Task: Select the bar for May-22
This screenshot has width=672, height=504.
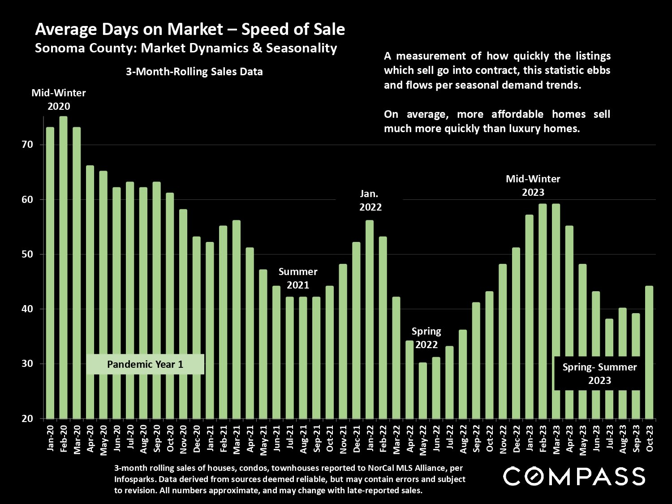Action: (422, 390)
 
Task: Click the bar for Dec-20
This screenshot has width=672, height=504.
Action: (196, 327)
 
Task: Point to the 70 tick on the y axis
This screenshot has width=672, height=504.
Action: (27, 145)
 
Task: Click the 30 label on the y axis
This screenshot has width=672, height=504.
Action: (27, 364)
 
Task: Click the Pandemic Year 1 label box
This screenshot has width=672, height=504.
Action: (145, 364)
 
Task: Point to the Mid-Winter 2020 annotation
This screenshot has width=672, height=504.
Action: (59, 99)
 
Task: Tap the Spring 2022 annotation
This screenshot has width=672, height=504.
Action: (426, 338)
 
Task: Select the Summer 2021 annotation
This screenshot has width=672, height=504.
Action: (298, 278)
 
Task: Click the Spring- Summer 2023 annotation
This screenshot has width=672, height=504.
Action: (599, 374)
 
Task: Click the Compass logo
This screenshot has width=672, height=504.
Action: (574, 476)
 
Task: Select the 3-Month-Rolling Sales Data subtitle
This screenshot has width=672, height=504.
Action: (194, 72)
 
